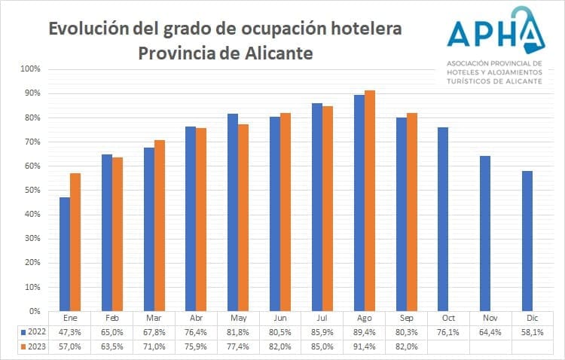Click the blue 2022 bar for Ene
[65, 254]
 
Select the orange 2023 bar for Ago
[370, 200]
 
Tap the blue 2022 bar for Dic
[527, 241]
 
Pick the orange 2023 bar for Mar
[159, 225]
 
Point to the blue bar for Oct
[443, 219]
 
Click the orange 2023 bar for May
[243, 218]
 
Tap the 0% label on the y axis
[36, 311]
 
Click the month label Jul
[322, 319]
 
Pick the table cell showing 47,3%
[70, 332]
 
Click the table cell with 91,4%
[365, 346]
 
